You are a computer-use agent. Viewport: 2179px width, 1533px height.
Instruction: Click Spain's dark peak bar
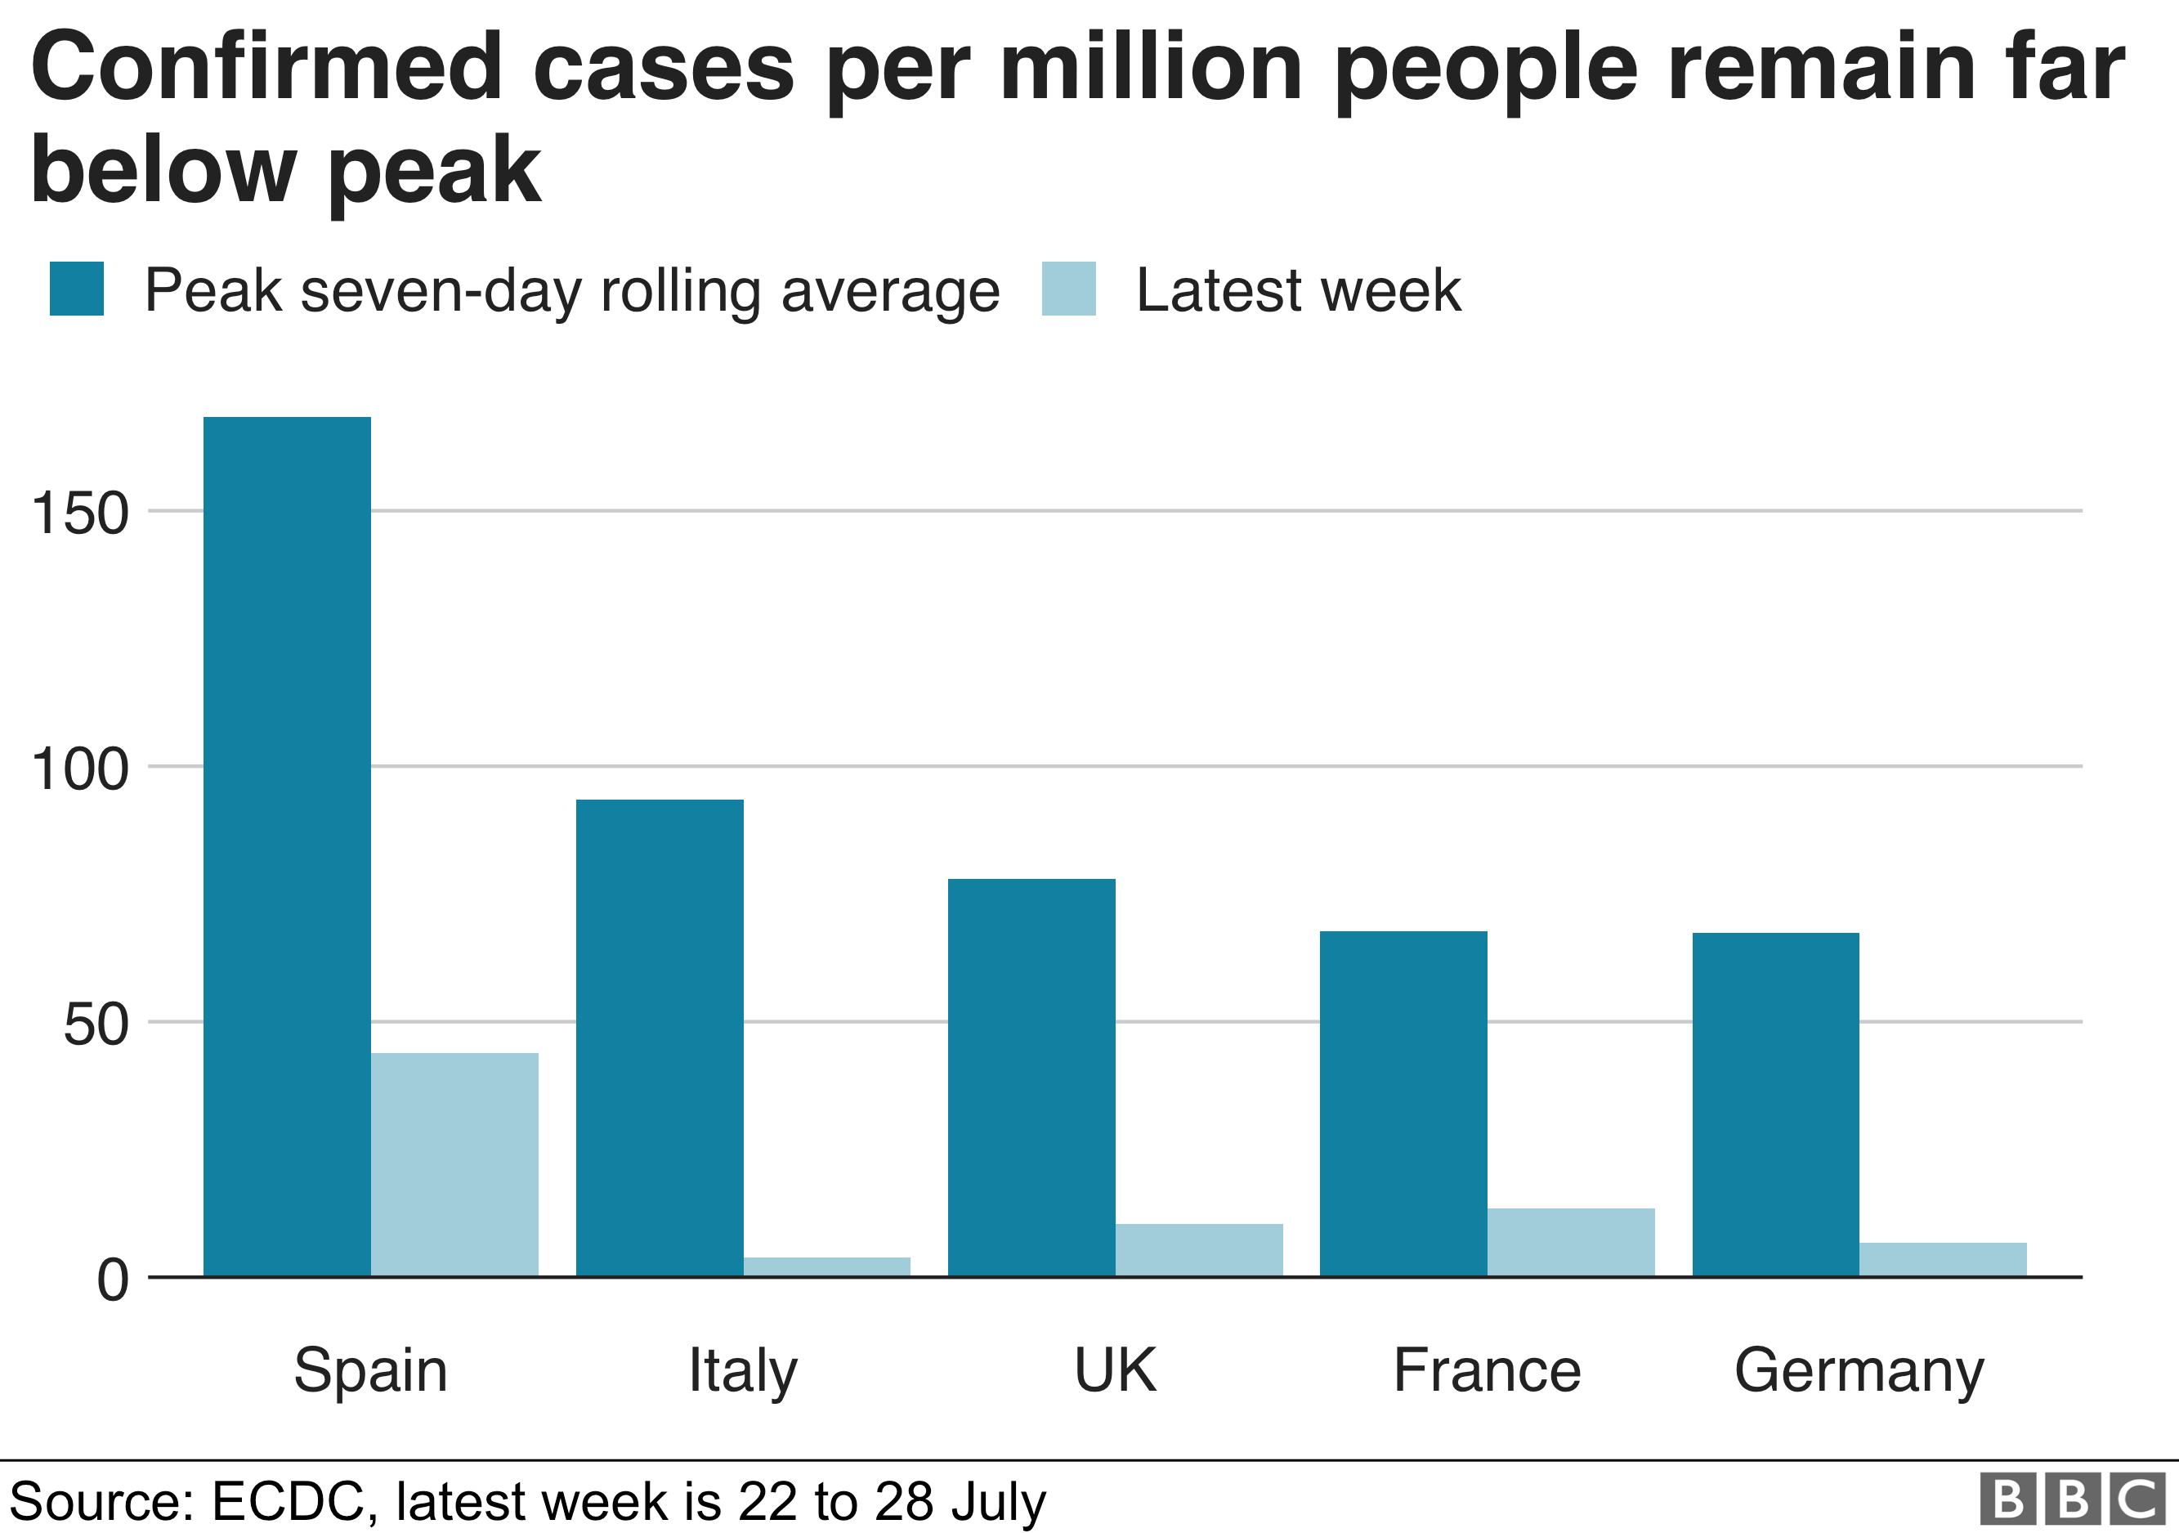[287, 845]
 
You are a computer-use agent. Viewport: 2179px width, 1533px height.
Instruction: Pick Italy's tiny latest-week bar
[826, 1266]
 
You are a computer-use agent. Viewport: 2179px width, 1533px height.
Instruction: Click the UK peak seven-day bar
[1031, 1077]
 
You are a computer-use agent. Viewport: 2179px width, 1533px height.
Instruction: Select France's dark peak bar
[1403, 1103]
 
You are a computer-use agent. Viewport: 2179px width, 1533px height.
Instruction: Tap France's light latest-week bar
[1570, 1242]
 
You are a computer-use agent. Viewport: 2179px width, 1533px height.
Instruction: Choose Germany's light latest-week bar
[1942, 1258]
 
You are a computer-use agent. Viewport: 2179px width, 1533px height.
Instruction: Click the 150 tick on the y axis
[80, 513]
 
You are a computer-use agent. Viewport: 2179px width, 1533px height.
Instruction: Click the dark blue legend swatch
[77, 289]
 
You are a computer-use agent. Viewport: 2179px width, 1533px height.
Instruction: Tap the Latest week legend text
[1297, 290]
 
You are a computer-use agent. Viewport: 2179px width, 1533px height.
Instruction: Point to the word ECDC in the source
[288, 1502]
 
